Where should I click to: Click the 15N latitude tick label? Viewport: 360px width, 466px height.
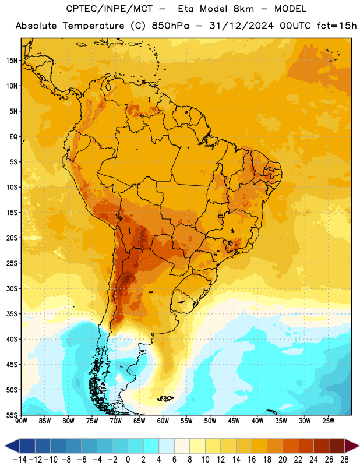(x=12, y=61)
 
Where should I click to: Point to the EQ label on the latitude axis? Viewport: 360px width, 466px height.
(x=13, y=137)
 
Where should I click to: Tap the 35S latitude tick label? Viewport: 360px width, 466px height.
(x=12, y=314)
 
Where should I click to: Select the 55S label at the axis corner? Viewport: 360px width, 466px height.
(x=12, y=415)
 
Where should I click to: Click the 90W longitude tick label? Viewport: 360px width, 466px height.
(x=21, y=421)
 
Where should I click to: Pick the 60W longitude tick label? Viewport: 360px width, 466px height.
(x=163, y=421)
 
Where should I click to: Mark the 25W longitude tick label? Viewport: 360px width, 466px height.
(x=328, y=421)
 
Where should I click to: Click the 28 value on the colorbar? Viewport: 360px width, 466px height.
(x=344, y=460)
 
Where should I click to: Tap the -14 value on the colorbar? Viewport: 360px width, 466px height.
(x=20, y=460)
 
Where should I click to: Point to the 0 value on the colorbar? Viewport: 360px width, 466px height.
(x=128, y=460)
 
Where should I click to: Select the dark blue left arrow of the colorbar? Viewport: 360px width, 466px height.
(x=12, y=446)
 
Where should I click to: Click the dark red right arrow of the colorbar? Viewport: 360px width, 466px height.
(x=352, y=446)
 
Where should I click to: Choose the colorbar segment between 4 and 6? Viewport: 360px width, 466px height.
(x=167, y=446)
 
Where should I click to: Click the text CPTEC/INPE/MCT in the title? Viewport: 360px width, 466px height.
(x=109, y=9)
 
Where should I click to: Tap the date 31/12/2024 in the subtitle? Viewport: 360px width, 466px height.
(x=241, y=26)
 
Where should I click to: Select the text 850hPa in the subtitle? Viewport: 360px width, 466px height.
(x=170, y=26)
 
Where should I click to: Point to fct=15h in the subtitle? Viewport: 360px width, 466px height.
(x=337, y=26)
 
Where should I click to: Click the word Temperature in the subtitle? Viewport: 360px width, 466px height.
(x=93, y=26)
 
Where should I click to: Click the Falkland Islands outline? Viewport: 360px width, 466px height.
(x=165, y=398)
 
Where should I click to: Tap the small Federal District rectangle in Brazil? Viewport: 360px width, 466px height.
(x=221, y=217)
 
